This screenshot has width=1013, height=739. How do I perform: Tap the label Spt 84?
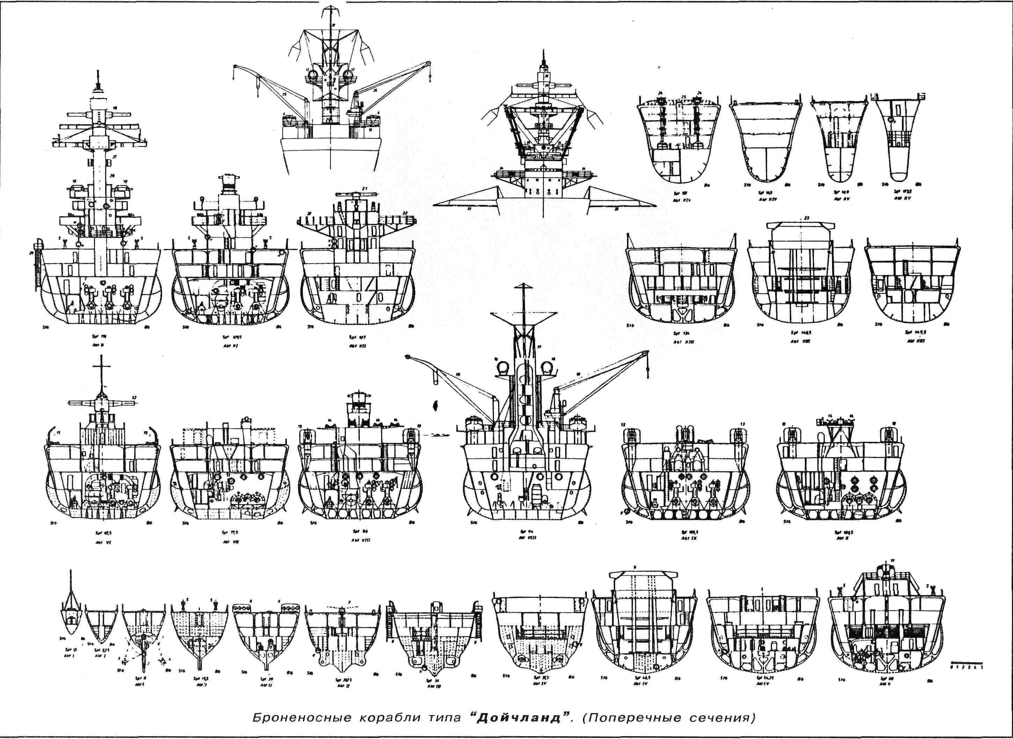pos(363,532)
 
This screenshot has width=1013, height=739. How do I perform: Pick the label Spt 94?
pos(523,532)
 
